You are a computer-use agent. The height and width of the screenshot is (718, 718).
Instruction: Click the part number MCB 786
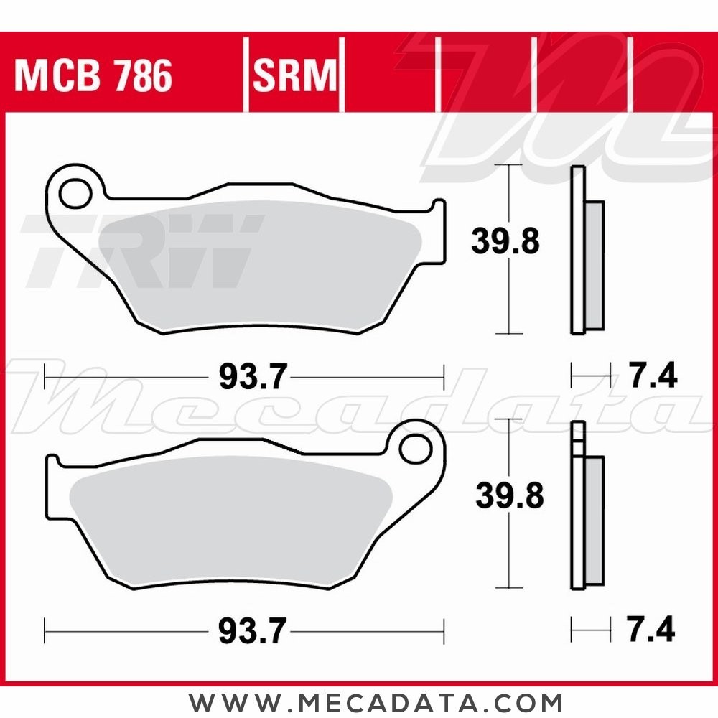93,76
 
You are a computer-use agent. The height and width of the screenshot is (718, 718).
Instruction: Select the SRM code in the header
294,76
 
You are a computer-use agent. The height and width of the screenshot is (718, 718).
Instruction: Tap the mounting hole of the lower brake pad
414,449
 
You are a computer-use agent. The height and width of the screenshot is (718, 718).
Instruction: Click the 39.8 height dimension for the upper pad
505,242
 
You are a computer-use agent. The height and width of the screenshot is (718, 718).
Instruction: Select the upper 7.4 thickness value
651,376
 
